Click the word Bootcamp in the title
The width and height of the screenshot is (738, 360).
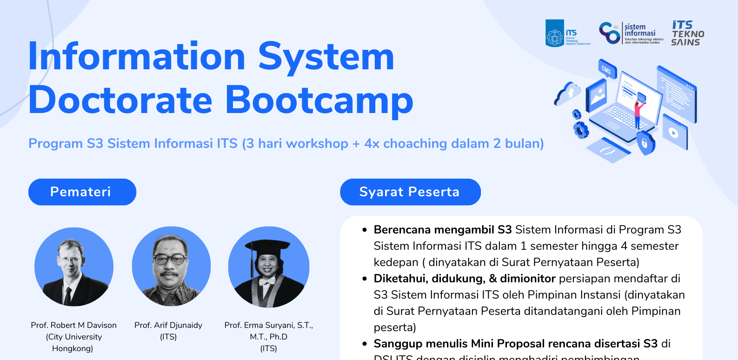(x=319, y=100)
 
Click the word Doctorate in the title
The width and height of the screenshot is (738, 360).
(x=120, y=100)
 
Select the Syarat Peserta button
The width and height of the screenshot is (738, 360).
(x=410, y=192)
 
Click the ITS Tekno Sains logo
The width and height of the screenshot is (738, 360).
(x=687, y=33)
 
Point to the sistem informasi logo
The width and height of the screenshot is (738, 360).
(x=631, y=33)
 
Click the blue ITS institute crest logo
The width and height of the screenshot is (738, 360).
(x=555, y=33)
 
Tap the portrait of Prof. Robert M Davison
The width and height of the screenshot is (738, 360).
(x=73, y=267)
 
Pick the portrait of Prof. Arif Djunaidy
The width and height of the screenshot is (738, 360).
(x=171, y=267)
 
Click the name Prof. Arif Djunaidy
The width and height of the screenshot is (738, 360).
(x=168, y=325)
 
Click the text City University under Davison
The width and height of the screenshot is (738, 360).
(x=74, y=337)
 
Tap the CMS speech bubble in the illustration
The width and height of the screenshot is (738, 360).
(x=606, y=69)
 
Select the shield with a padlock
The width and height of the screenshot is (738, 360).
(x=645, y=142)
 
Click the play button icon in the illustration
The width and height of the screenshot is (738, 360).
(x=674, y=132)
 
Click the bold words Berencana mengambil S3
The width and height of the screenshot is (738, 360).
(x=442, y=230)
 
